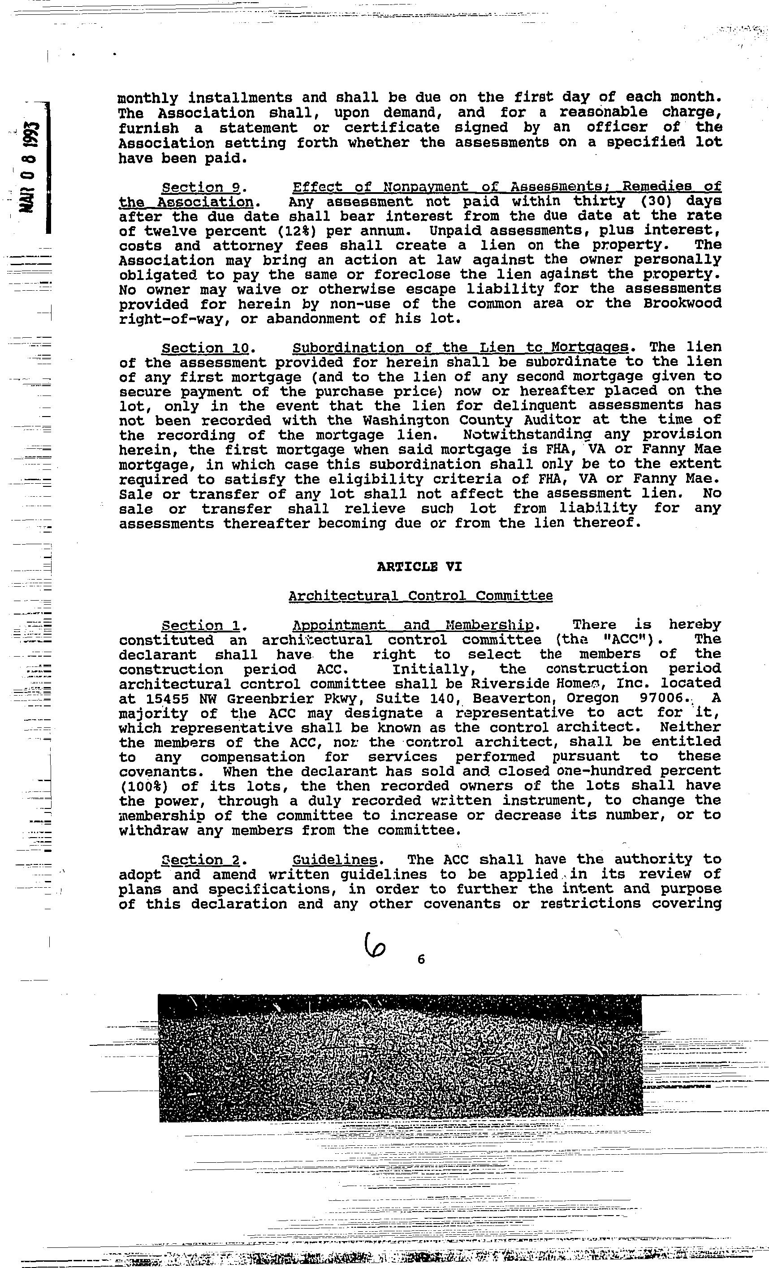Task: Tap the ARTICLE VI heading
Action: click(419, 567)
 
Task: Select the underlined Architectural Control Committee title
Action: click(420, 596)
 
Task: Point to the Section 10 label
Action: click(205, 348)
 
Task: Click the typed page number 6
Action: click(421, 959)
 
